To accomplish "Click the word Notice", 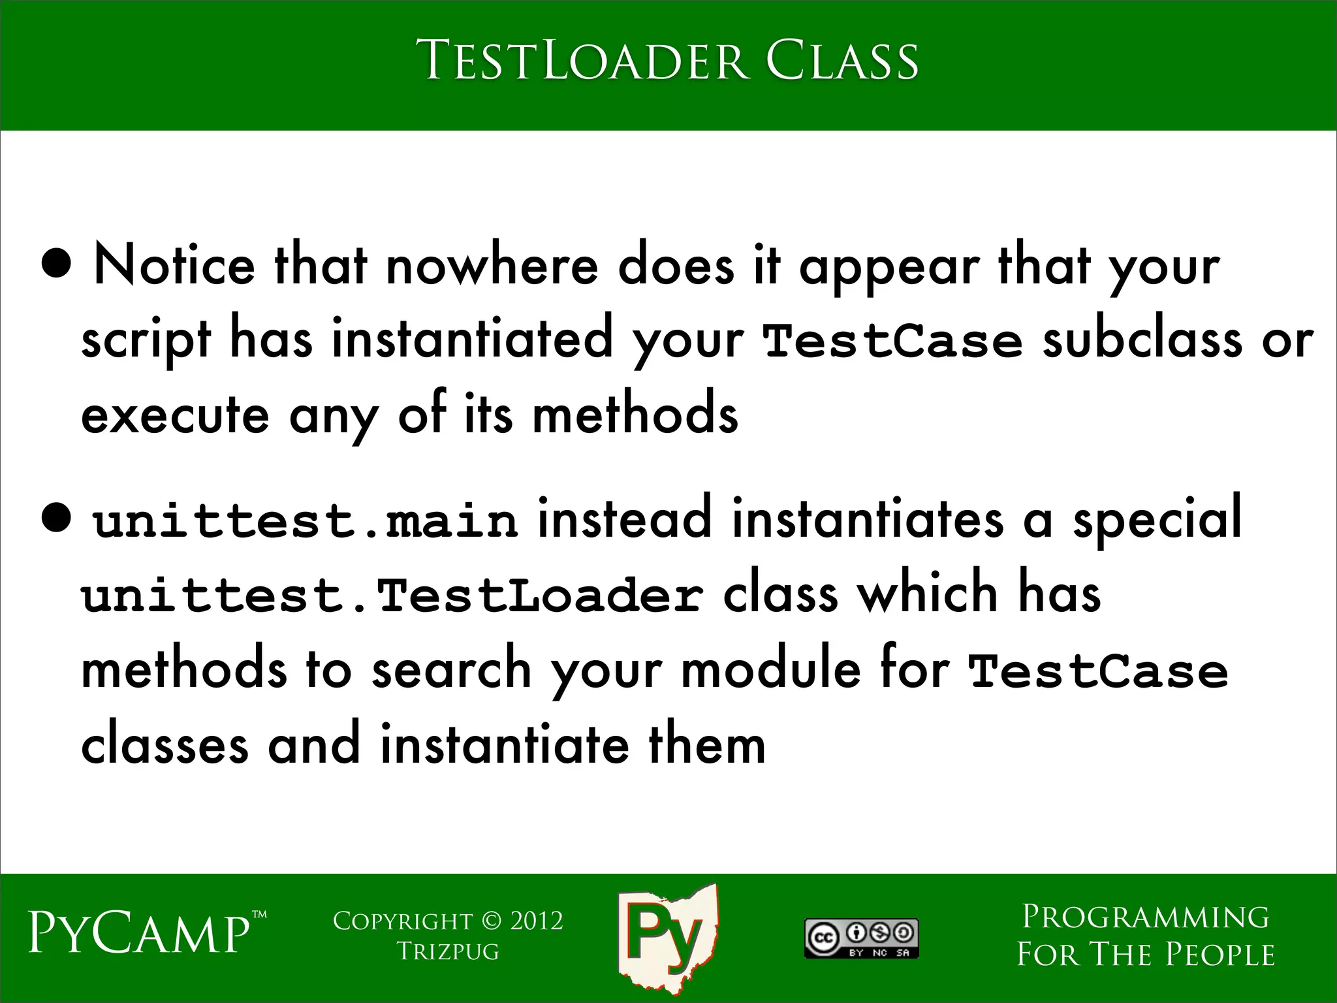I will [x=174, y=266].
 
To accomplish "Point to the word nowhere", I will [x=492, y=266].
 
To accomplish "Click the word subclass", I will [x=1141, y=340].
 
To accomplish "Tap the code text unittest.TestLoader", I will [x=392, y=596].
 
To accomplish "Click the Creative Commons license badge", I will [x=861, y=938].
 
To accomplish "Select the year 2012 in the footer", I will [x=536, y=921].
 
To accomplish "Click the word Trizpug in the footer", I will [x=448, y=951].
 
